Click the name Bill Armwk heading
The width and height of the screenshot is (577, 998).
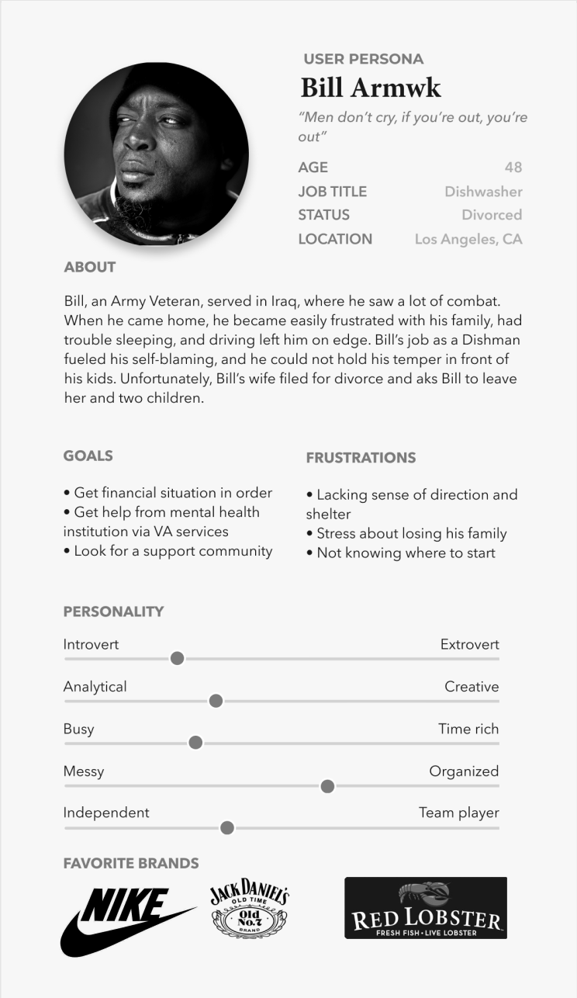click(371, 88)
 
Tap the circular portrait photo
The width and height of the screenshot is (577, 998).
click(157, 154)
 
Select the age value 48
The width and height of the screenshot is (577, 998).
click(513, 168)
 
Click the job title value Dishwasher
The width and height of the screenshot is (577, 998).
click(483, 192)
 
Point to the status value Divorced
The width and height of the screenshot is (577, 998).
click(492, 215)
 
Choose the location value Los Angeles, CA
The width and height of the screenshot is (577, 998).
click(468, 239)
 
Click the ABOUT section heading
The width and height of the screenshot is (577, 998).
click(90, 267)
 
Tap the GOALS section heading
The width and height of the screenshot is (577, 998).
click(88, 456)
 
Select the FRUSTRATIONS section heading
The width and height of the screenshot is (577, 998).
click(361, 458)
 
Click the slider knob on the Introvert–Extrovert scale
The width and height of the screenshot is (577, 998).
click(177, 659)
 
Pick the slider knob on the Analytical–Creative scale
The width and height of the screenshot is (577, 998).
click(216, 702)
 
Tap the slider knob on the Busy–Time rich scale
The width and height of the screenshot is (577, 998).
click(195, 743)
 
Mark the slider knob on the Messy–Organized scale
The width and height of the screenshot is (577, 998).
click(327, 786)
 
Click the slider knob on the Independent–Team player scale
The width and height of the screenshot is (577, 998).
click(227, 828)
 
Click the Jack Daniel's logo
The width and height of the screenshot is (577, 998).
click(250, 908)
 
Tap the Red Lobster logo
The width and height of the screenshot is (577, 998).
click(426, 908)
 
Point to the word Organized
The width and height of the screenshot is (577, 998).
click(464, 771)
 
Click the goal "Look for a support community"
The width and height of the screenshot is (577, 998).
click(173, 551)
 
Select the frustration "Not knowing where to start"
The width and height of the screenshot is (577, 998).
click(406, 553)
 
